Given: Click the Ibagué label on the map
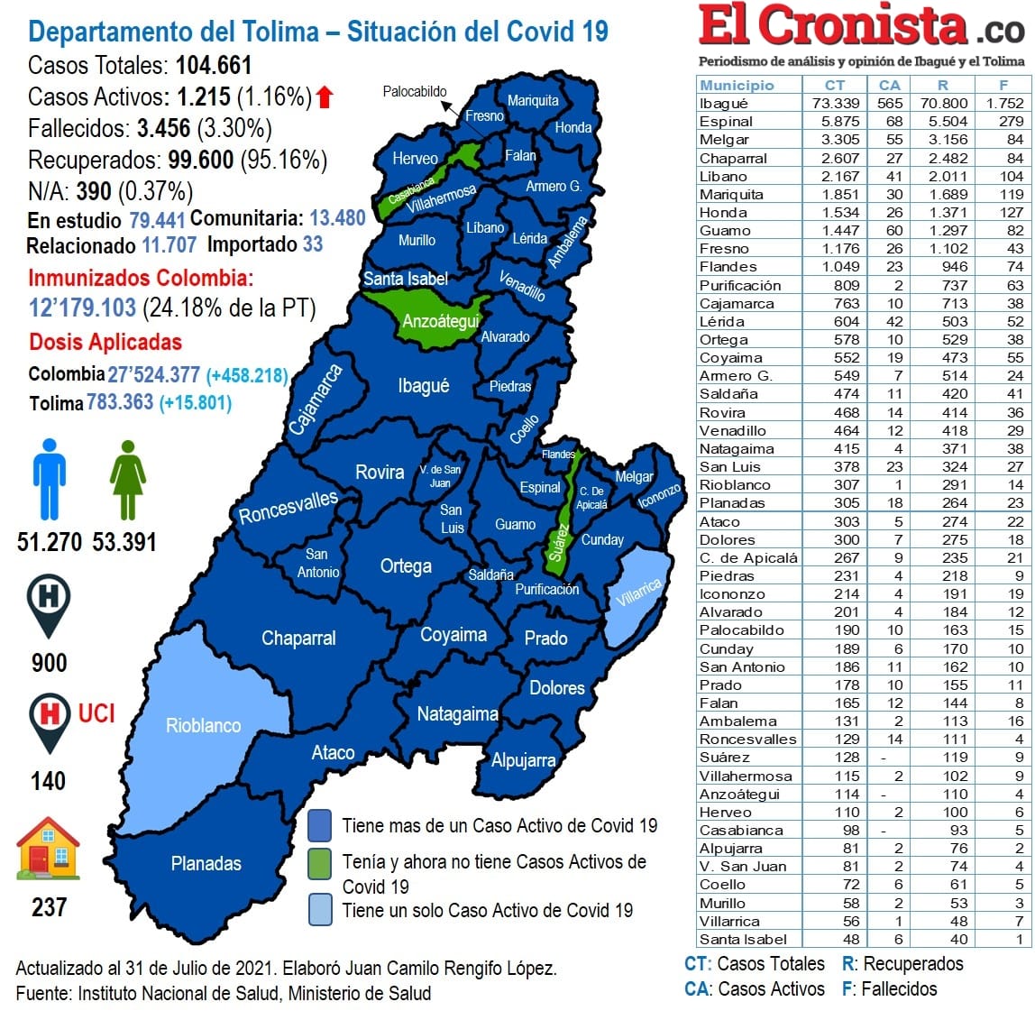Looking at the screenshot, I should point(423,386).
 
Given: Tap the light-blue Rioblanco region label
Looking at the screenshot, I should point(203,725).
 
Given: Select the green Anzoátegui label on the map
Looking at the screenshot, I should point(440,322).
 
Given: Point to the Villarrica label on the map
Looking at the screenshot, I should point(639,593).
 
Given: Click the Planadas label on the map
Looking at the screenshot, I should point(206,863).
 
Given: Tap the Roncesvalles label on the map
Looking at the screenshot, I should point(288,507).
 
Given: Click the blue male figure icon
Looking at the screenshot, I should point(50,479).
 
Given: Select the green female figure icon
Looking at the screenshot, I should point(127,479).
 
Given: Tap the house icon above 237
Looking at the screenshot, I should point(49,849).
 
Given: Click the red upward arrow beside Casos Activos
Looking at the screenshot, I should point(325,96).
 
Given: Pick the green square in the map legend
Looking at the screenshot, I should point(319,862).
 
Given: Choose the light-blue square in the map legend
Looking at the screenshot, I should point(319,909).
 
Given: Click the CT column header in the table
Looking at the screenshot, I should point(835,85).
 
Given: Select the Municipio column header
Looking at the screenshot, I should point(737,85).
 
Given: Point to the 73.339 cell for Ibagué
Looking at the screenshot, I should point(835,103).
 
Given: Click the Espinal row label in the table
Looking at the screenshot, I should point(726,121).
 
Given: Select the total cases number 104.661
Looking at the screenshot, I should point(214,65).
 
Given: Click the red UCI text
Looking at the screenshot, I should point(96,713).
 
